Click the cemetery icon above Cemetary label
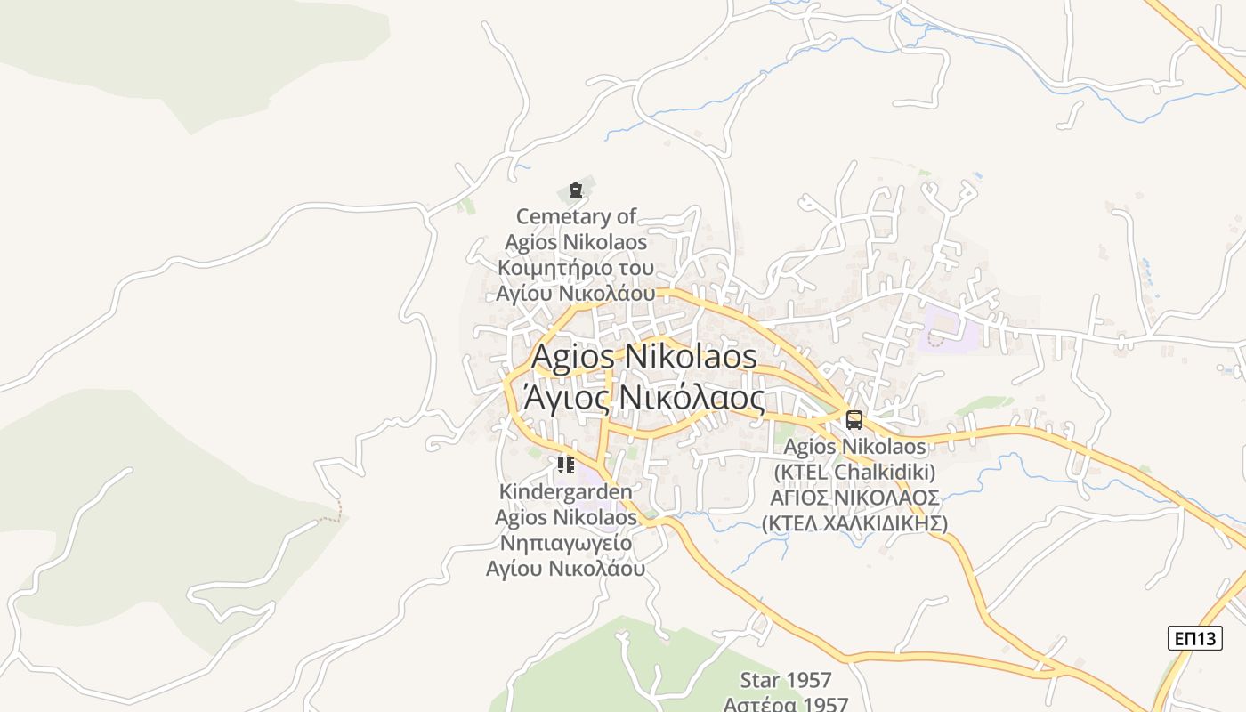tap(576, 190)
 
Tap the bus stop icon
tap(854, 420)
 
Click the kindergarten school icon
tap(566, 465)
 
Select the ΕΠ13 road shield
tap(1194, 638)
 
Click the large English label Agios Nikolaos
tap(644, 357)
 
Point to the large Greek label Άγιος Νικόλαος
tap(644, 398)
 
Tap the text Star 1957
tap(786, 681)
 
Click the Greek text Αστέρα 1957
tap(786, 705)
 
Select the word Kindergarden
tap(566, 491)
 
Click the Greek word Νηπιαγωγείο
tap(566, 543)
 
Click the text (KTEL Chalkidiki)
tap(854, 471)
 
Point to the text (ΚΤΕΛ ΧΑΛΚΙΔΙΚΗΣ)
tap(854, 522)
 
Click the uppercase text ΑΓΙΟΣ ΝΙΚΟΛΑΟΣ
tap(854, 497)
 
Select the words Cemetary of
tap(577, 216)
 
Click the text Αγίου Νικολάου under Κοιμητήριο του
tap(576, 293)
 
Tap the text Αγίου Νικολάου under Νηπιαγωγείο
tap(566, 568)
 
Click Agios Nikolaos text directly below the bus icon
tap(854, 446)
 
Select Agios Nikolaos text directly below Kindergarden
tap(566, 517)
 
